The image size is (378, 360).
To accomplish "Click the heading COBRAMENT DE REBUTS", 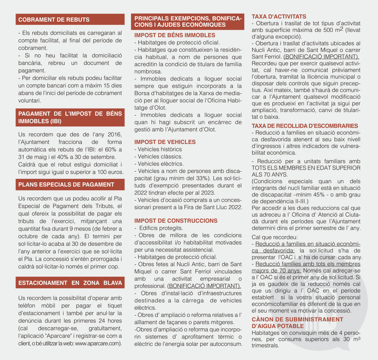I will point(54,20).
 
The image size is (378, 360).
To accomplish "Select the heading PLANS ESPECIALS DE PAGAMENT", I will point(66,185).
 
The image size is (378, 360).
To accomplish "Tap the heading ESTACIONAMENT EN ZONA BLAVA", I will point(70,283).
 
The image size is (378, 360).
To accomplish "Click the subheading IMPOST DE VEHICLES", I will point(165,142).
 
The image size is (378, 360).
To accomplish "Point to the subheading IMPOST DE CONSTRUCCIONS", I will point(176,221).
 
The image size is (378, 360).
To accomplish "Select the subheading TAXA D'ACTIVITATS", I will point(279,17).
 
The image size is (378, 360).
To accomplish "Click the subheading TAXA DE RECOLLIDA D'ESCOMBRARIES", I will point(305,126).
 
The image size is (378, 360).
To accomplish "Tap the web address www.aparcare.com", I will point(97,343).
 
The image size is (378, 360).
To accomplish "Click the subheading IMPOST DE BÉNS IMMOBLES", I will point(175,35).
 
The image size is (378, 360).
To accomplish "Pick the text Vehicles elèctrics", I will point(159,164).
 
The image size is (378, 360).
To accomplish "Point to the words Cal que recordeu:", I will point(274,237).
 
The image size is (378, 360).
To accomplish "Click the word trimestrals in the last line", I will point(265,346).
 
